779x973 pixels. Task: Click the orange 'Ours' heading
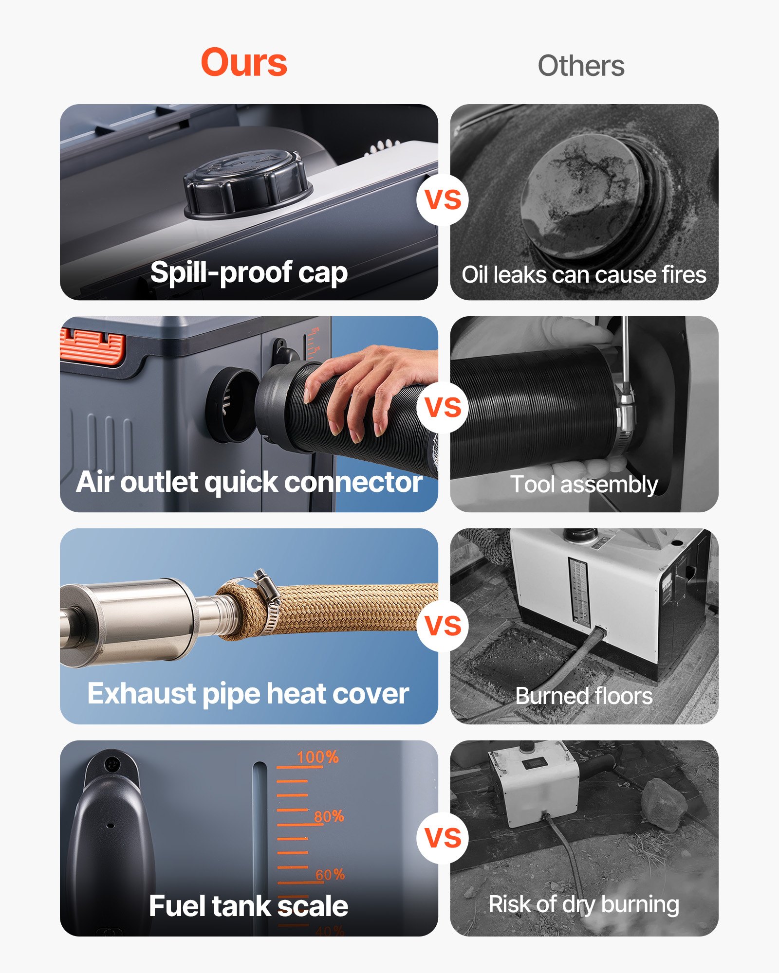click(x=244, y=63)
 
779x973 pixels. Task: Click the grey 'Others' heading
click(x=581, y=66)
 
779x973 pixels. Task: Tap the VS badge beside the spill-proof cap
click(x=443, y=199)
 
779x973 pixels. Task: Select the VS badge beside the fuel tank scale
click(x=443, y=838)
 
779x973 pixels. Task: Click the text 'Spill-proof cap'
click(x=249, y=272)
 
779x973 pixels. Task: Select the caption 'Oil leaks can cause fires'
click(x=584, y=275)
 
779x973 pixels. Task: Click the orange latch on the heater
click(x=93, y=346)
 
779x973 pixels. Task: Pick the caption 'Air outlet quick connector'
click(x=249, y=482)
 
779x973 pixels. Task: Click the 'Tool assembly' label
click(x=584, y=485)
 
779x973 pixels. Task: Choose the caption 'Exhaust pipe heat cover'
click(x=248, y=694)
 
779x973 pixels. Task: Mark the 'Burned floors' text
click(x=584, y=696)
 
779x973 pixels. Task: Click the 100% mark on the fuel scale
click(x=317, y=757)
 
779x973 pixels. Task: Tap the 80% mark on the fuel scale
click(x=329, y=816)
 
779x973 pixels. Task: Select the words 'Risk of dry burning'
click(x=584, y=904)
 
